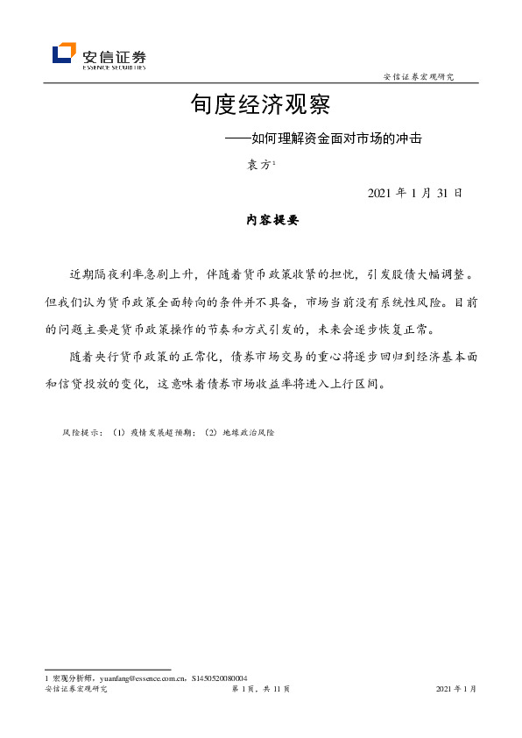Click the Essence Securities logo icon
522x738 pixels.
point(64,53)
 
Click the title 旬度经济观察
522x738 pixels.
point(260,105)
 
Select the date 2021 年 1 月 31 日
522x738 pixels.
point(414,193)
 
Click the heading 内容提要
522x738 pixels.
point(272,222)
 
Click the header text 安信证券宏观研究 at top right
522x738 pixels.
point(420,77)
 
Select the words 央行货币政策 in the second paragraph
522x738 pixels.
point(142,358)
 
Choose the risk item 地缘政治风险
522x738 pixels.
point(248,433)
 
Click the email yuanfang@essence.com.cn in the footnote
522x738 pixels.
point(130,678)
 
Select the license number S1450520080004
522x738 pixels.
point(220,678)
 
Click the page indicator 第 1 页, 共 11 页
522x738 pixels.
point(260,691)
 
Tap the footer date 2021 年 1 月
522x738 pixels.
point(455,691)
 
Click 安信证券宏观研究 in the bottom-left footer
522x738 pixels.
point(75,691)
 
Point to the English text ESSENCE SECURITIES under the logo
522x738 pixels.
point(114,66)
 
